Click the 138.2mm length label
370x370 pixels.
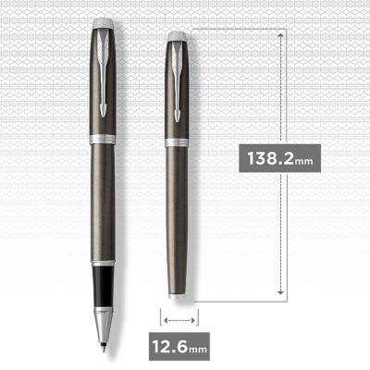pyautogui.click(x=280, y=156)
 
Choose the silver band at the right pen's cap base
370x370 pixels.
pyautogui.click(x=177, y=141)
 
